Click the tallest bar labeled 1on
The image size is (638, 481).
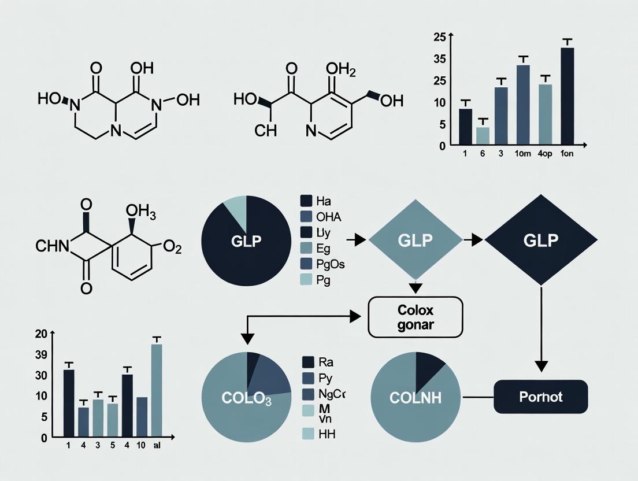(567, 95)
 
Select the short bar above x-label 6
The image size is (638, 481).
(483, 135)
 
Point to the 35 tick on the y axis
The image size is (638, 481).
(440, 59)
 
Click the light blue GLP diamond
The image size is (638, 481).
(415, 240)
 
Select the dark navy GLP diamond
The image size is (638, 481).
(541, 240)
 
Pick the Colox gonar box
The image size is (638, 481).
(416, 317)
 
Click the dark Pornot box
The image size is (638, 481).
(540, 397)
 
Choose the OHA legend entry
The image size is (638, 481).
(322, 217)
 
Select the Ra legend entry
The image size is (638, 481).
(318, 362)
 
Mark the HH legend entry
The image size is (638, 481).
(320, 434)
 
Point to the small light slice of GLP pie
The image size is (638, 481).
(236, 206)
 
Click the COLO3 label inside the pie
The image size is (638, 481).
(246, 398)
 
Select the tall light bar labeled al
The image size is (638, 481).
(157, 390)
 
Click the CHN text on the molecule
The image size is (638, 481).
(52, 247)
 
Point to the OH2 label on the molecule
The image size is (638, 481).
(341, 70)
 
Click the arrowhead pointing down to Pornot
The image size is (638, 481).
(541, 365)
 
